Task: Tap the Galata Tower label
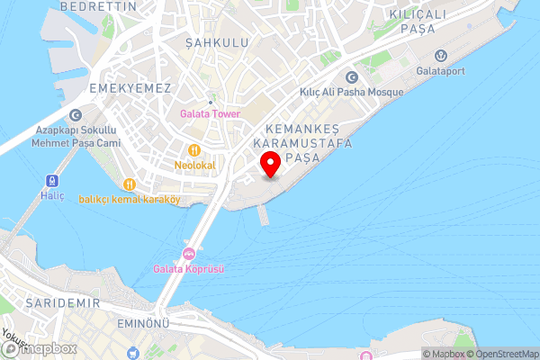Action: [210, 113]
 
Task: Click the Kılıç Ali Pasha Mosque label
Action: [350, 91]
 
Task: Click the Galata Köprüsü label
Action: [189, 268]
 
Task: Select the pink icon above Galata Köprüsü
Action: [189, 253]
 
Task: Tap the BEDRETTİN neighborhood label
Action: [99, 6]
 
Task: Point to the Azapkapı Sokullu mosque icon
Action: [75, 114]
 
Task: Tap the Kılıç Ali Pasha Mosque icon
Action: [350, 76]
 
